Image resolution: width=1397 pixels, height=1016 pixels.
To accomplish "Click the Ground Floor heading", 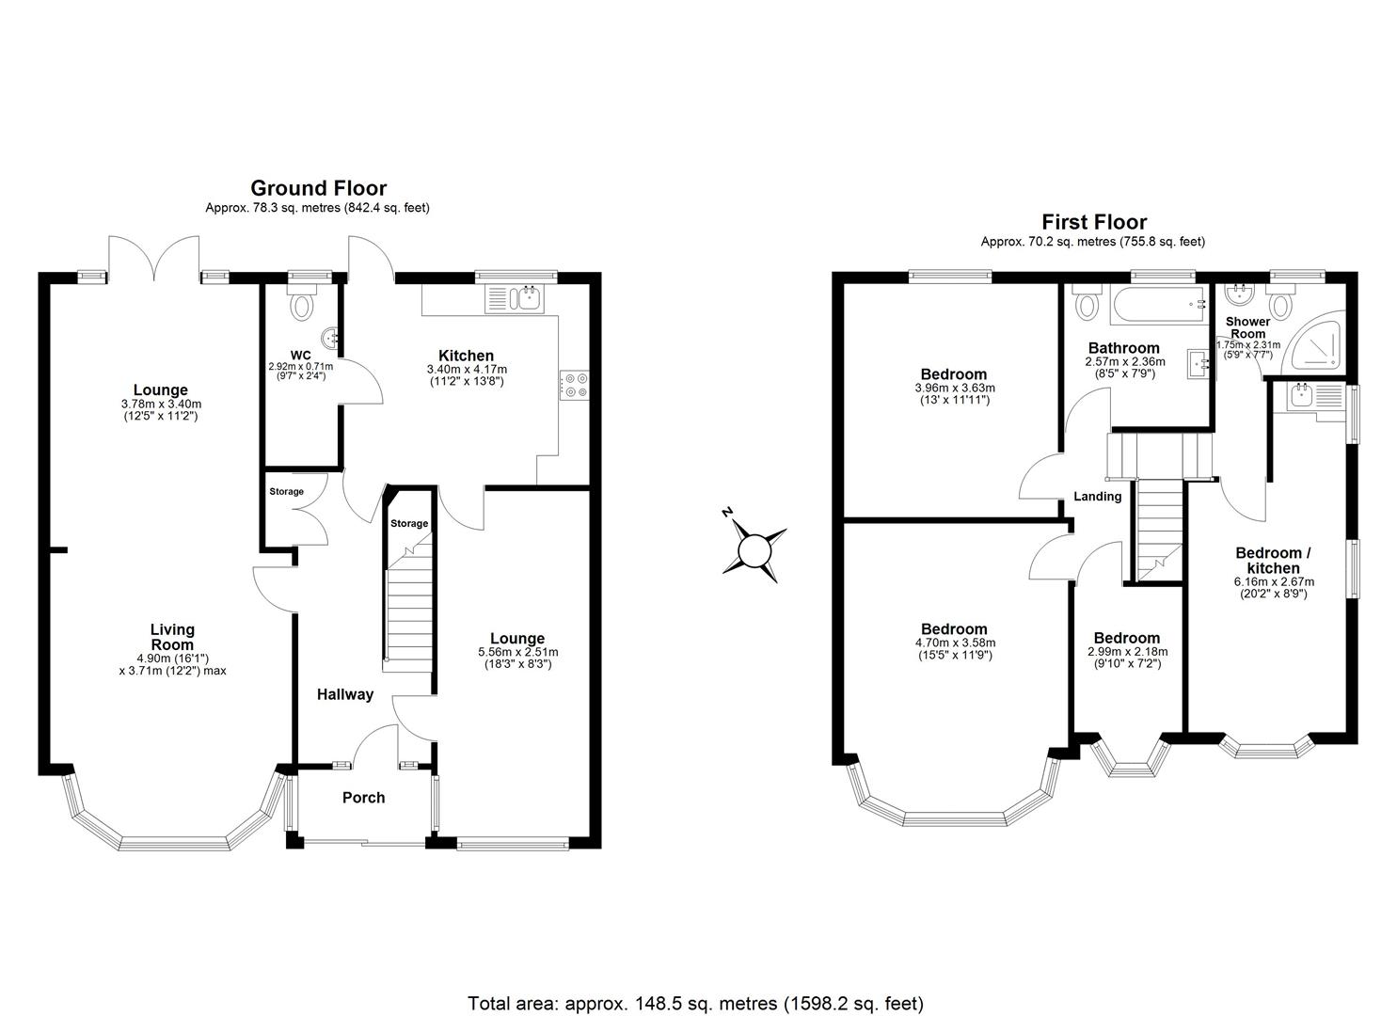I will (318, 189).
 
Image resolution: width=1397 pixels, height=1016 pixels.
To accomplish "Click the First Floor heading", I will (1093, 223).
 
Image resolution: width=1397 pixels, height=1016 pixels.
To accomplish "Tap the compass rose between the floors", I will (754, 549).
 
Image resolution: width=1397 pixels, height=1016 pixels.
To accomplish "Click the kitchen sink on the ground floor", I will (513, 299).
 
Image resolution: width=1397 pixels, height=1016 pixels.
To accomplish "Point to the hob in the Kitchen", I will (574, 385).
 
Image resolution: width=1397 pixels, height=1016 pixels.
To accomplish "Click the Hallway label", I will (344, 695).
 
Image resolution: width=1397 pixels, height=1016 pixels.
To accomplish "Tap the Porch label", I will (363, 798).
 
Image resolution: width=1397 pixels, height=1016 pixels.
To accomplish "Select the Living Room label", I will (172, 637).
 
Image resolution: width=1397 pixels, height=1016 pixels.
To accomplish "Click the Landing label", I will (1098, 497).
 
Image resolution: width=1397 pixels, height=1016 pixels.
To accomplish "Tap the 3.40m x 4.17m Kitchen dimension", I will (467, 375).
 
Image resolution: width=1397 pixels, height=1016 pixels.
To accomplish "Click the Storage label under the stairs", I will (409, 524).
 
